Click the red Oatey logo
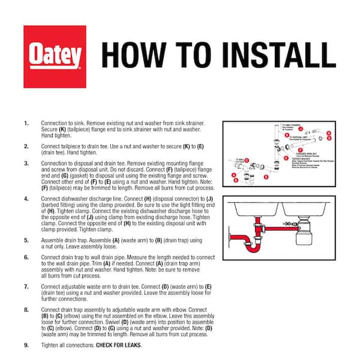53,55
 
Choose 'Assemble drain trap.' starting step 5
65,239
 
